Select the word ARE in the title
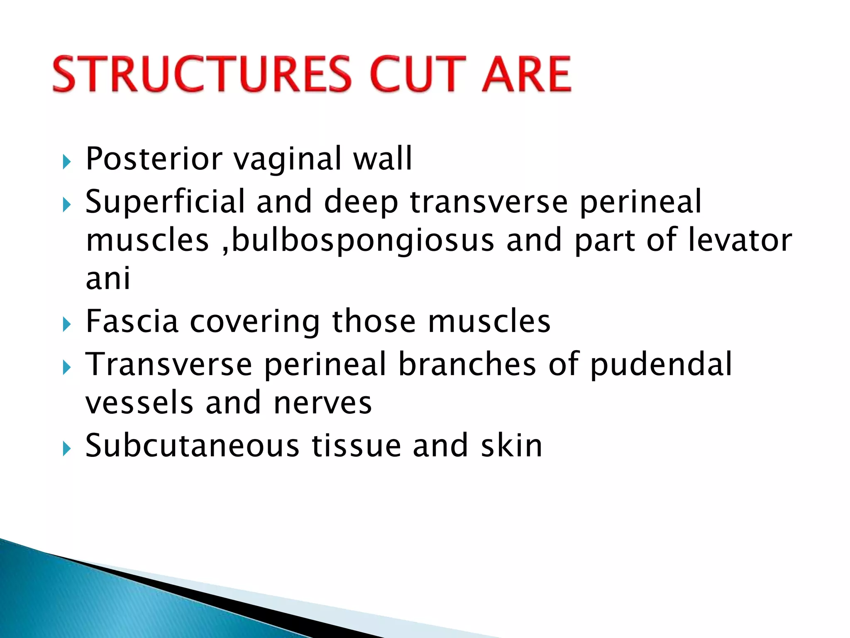(526, 75)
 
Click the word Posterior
(154, 159)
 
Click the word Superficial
(165, 202)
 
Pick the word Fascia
(132, 321)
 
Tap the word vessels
(139, 403)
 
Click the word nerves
(322, 403)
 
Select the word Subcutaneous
(192, 446)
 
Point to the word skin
(511, 446)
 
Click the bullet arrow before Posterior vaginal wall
(66, 162)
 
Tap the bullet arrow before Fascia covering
(66, 324)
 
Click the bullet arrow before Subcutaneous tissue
(66, 449)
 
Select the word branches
(467, 364)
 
